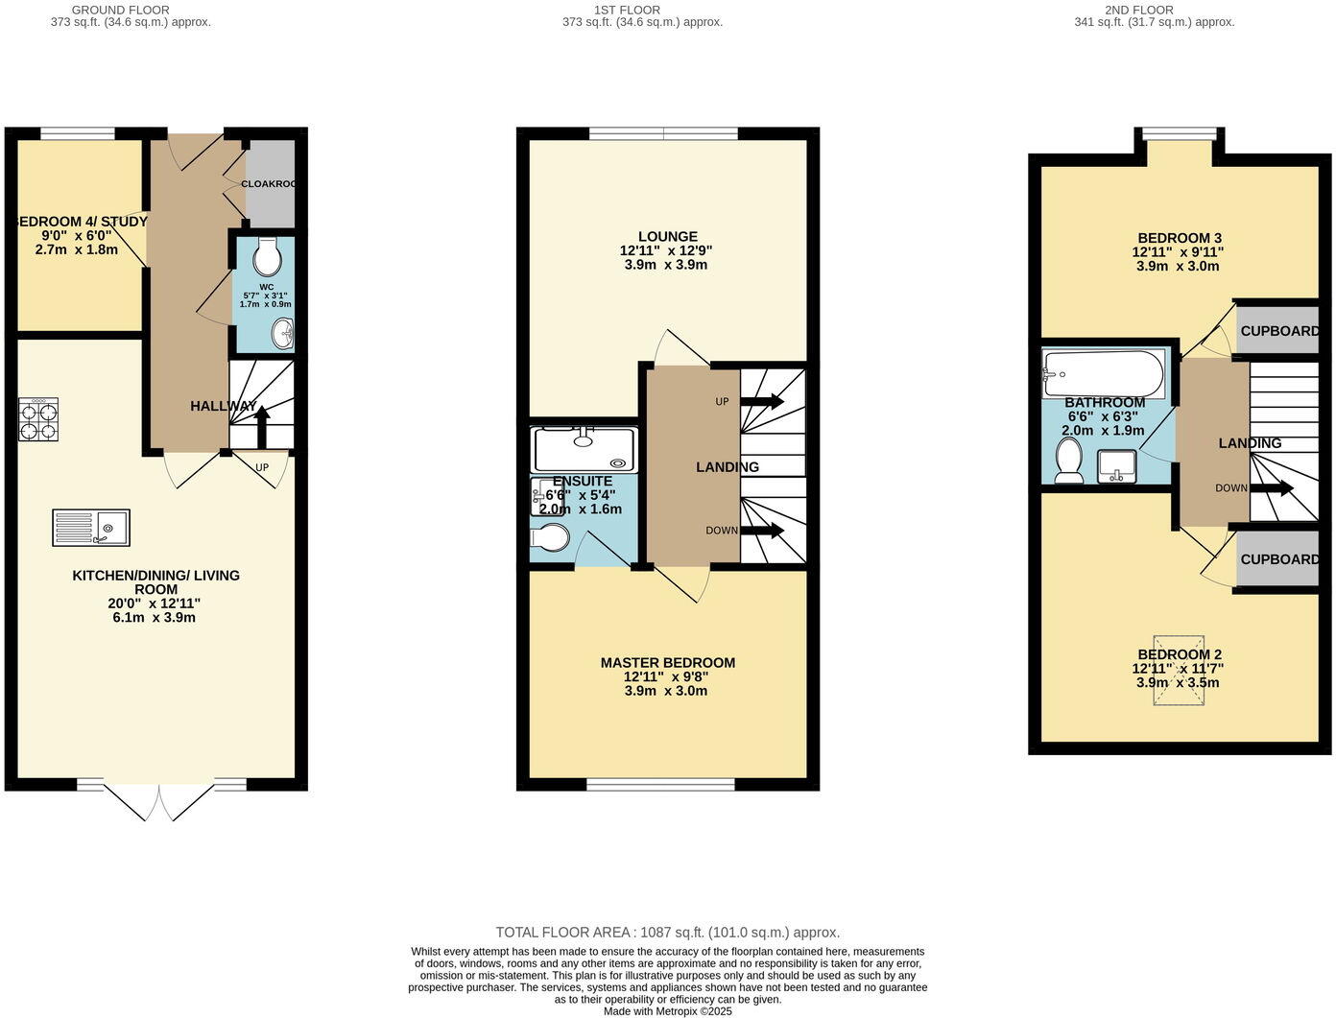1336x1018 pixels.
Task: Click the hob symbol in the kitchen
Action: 38,419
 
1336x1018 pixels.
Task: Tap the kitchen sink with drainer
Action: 91,528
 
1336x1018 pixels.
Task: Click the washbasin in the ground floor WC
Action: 283,333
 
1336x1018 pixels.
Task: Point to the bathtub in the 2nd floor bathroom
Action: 1104,374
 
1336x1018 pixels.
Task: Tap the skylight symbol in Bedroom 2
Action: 1179,669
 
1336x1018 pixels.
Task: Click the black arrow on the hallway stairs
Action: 262,425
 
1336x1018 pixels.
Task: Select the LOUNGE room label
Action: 667,236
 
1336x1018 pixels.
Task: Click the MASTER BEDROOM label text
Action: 667,662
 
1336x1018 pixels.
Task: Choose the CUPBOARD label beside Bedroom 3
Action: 1278,331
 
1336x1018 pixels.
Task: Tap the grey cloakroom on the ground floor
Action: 270,183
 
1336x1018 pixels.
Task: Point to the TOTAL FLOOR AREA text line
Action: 667,932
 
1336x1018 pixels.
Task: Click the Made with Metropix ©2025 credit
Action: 667,1010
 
